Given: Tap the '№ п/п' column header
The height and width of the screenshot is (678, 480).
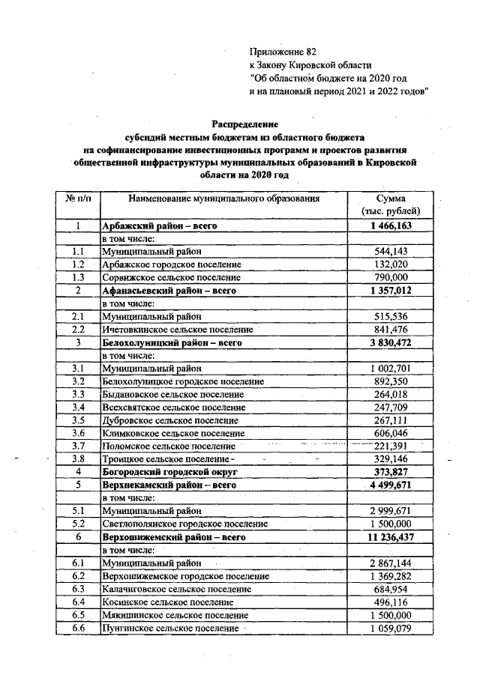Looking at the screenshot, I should pyautogui.click(x=78, y=199).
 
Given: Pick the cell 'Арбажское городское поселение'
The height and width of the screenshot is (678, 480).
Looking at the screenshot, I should pyautogui.click(x=172, y=264).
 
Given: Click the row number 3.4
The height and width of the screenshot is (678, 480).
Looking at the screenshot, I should pyautogui.click(x=78, y=407).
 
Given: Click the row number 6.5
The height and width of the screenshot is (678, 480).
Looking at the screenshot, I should pyautogui.click(x=78, y=615).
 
